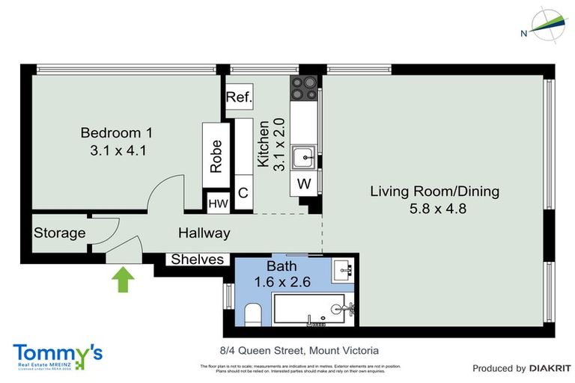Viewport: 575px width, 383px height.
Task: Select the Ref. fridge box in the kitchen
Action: click(x=240, y=96)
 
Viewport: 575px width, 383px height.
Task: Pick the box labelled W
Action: click(x=304, y=183)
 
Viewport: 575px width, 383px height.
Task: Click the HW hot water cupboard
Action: click(x=218, y=203)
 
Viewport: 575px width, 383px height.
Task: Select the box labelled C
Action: click(x=243, y=193)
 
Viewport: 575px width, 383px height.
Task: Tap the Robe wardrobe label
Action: click(x=216, y=157)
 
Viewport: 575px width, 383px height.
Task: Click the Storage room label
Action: click(x=59, y=233)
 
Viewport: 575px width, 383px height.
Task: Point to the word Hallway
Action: click(x=204, y=233)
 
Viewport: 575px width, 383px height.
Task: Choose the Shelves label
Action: click(x=198, y=260)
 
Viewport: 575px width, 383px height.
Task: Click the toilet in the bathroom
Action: click(x=252, y=315)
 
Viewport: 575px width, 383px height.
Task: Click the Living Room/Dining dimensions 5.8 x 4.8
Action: click(x=434, y=209)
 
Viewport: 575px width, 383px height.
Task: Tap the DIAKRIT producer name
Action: click(x=550, y=368)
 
